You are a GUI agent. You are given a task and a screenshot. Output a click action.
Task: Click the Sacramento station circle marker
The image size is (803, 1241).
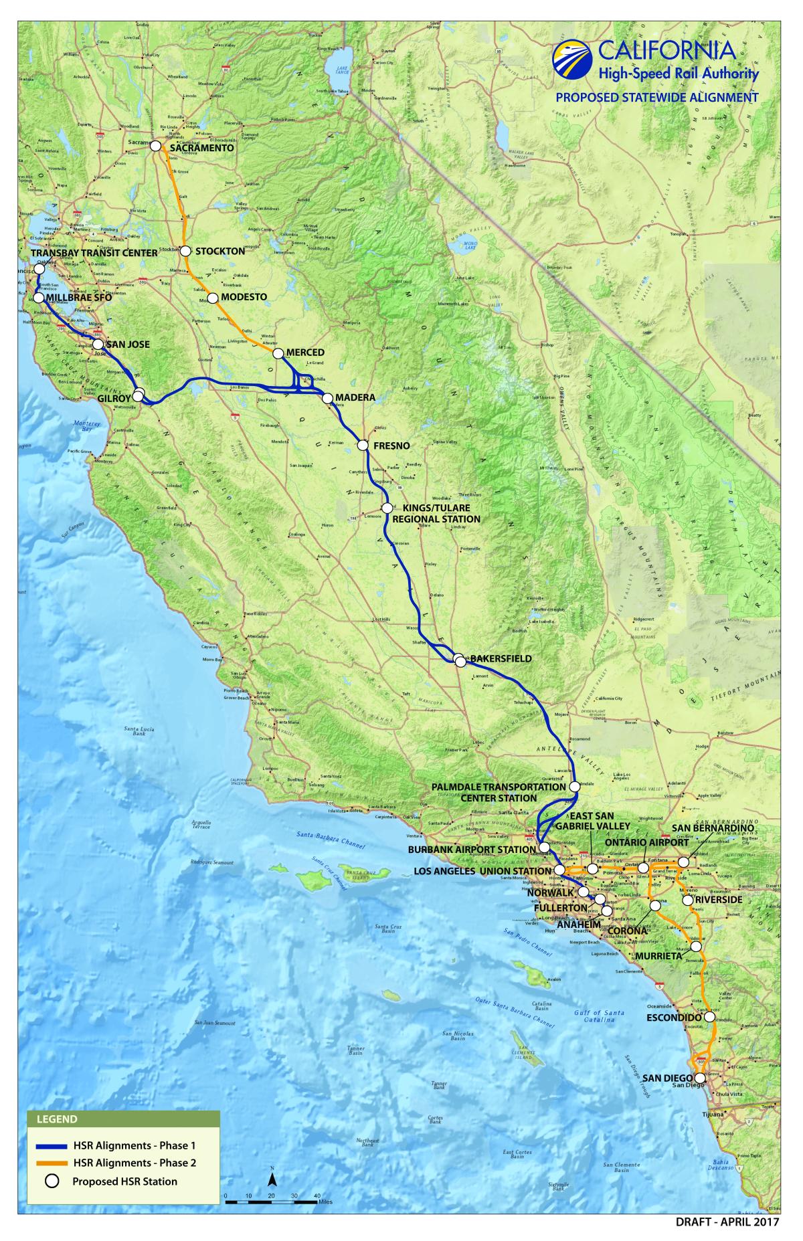(155, 145)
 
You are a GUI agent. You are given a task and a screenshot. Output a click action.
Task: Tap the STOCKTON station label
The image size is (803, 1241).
(219, 252)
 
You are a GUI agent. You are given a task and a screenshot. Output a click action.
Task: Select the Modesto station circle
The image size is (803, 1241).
(212, 298)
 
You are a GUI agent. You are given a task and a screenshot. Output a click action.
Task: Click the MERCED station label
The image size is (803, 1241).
(304, 353)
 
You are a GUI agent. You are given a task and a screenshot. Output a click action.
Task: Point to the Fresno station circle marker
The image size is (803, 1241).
(363, 445)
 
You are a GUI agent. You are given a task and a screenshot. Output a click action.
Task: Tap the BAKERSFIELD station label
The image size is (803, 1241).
(501, 659)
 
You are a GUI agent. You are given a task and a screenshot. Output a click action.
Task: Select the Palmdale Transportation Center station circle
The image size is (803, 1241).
(574, 787)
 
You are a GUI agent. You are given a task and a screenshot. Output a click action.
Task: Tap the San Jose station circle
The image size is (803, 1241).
(98, 344)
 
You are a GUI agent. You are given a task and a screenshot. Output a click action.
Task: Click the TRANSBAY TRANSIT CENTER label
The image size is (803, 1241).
(94, 253)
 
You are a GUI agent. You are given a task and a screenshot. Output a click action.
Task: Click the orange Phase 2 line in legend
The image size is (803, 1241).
(50, 1163)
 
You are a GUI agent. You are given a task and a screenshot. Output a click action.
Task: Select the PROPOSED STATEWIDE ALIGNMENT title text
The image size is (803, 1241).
(657, 97)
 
